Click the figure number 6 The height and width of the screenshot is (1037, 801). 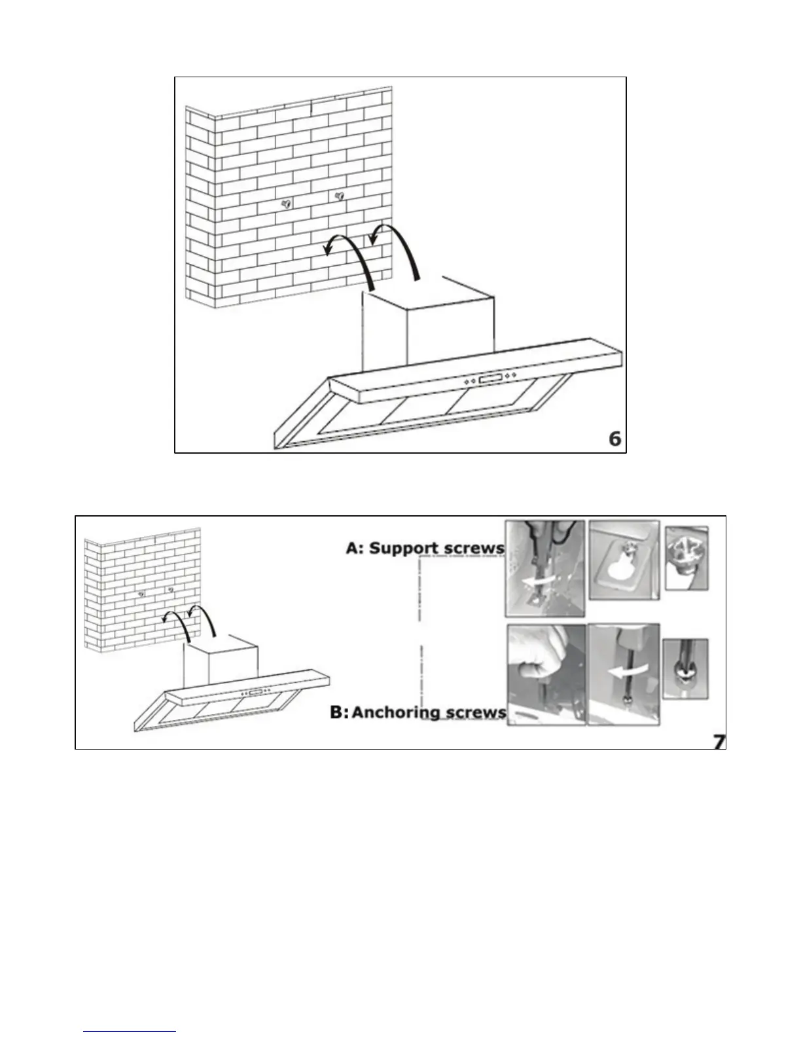click(614, 439)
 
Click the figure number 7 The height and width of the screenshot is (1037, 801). click(719, 741)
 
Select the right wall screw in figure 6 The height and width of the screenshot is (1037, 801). click(339, 196)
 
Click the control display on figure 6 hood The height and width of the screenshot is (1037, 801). click(491, 379)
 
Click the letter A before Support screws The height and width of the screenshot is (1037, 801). click(353, 548)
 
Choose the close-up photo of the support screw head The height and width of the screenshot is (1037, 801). click(686, 557)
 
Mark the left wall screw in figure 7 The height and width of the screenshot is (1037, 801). click(141, 594)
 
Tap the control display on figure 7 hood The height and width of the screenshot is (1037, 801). click(255, 691)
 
